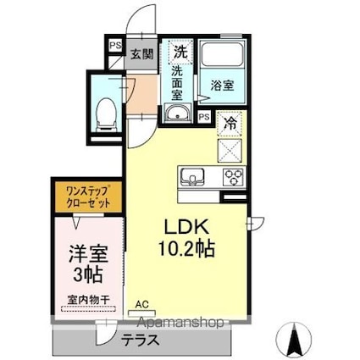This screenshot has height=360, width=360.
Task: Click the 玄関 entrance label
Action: pyautogui.click(x=141, y=53)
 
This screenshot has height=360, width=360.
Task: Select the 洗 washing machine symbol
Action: pyautogui.click(x=180, y=52)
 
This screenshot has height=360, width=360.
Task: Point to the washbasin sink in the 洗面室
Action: pyautogui.click(x=177, y=114)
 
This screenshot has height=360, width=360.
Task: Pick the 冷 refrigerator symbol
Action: pyautogui.click(x=230, y=123)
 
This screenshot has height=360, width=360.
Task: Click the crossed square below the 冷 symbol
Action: pyautogui.click(x=230, y=150)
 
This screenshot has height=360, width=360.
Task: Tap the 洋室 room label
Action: pyautogui.click(x=86, y=253)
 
